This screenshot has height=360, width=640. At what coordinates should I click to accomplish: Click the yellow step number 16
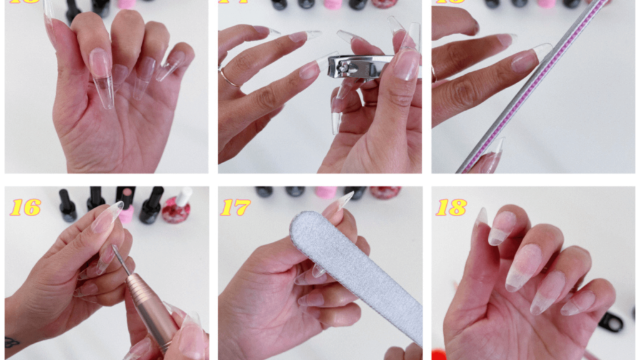pos(25,207)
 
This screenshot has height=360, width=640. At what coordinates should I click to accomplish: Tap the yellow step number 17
pos(236,207)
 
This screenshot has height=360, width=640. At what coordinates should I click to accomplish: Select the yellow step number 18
pos(451,207)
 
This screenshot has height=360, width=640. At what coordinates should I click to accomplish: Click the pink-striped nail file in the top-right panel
pos(531,87)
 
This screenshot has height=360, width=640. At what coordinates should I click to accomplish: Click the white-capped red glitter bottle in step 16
pos(177,208)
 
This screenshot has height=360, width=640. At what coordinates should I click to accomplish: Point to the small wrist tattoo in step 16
pos(12,342)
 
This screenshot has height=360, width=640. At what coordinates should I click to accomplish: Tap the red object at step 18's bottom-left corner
pos(437,355)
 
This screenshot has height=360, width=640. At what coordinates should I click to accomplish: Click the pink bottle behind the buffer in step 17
pos(326,192)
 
